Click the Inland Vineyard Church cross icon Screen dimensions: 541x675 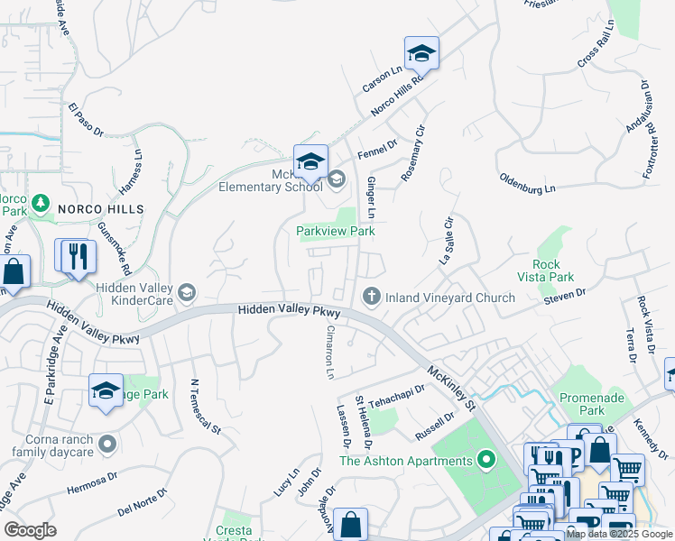coord(371,297)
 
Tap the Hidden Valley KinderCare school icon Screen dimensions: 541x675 coord(186,292)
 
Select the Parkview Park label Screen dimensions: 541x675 coord(336,232)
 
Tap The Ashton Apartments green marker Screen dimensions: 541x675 coord(487,461)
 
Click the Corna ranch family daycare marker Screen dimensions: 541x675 coord(107,444)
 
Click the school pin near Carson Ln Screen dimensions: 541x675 coord(421,53)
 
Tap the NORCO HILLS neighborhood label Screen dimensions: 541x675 coord(100,209)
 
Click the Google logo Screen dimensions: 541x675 coord(30,530)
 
